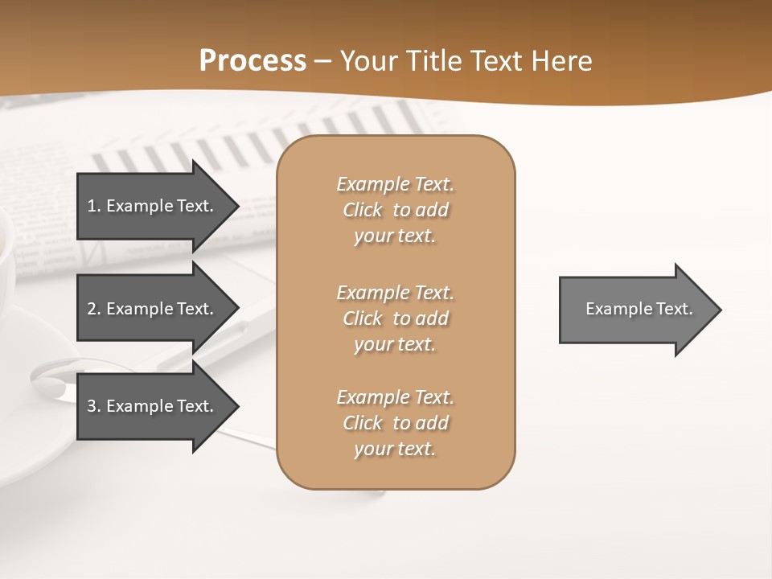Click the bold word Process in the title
(253, 61)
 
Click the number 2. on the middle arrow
(94, 309)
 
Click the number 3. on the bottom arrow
(94, 406)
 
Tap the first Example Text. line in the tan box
(395, 185)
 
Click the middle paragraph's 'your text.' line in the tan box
(395, 344)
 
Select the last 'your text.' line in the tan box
(395, 449)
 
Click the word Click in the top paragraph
(362, 211)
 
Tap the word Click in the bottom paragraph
(362, 423)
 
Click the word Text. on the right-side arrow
(675, 309)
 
